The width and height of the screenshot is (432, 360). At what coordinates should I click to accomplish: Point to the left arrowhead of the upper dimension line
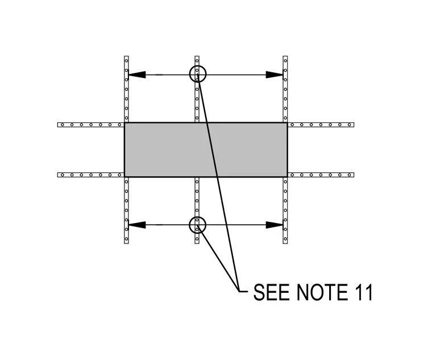[137, 75]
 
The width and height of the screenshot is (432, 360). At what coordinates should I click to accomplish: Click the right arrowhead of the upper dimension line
[275, 75]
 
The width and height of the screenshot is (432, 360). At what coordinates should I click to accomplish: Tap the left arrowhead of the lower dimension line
[137, 225]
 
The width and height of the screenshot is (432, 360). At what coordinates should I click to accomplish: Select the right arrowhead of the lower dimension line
[275, 225]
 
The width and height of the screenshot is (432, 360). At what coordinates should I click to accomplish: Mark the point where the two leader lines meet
[239, 291]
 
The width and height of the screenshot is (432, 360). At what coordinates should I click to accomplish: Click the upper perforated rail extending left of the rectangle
[90, 125]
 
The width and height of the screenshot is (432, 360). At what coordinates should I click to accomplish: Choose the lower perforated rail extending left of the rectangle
[90, 175]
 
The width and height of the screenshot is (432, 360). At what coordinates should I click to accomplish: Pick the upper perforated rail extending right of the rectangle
[321, 125]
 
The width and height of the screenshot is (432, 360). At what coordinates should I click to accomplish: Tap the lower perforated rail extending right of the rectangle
[321, 175]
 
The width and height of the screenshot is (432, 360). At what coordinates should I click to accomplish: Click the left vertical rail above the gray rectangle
[126, 89]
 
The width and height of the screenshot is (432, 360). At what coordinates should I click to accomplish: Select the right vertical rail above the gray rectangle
[285, 89]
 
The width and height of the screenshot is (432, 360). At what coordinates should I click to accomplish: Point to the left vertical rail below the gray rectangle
[126, 210]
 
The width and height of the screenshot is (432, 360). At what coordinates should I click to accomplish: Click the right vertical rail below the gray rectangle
[285, 210]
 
